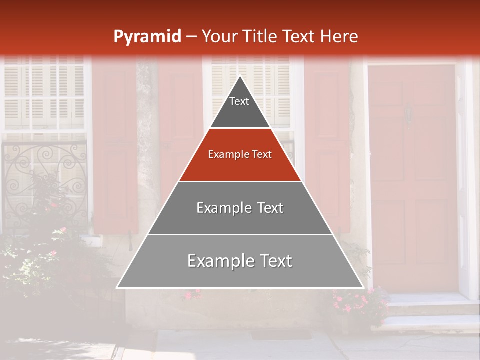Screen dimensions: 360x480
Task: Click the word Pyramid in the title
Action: point(147,36)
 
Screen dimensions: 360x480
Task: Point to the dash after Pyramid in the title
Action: point(191,37)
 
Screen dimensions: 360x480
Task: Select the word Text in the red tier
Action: point(262,154)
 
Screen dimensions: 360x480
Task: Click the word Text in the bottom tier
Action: point(275,261)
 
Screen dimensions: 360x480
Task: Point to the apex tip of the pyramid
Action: point(240,77)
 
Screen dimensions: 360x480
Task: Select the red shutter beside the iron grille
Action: point(115,150)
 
